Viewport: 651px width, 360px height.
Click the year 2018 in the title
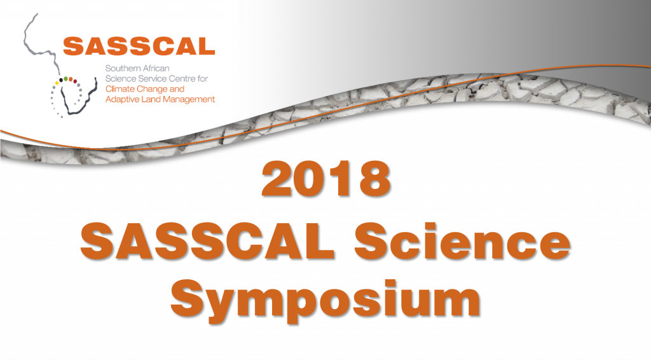click(325, 179)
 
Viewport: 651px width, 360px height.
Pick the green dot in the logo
click(65, 78)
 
